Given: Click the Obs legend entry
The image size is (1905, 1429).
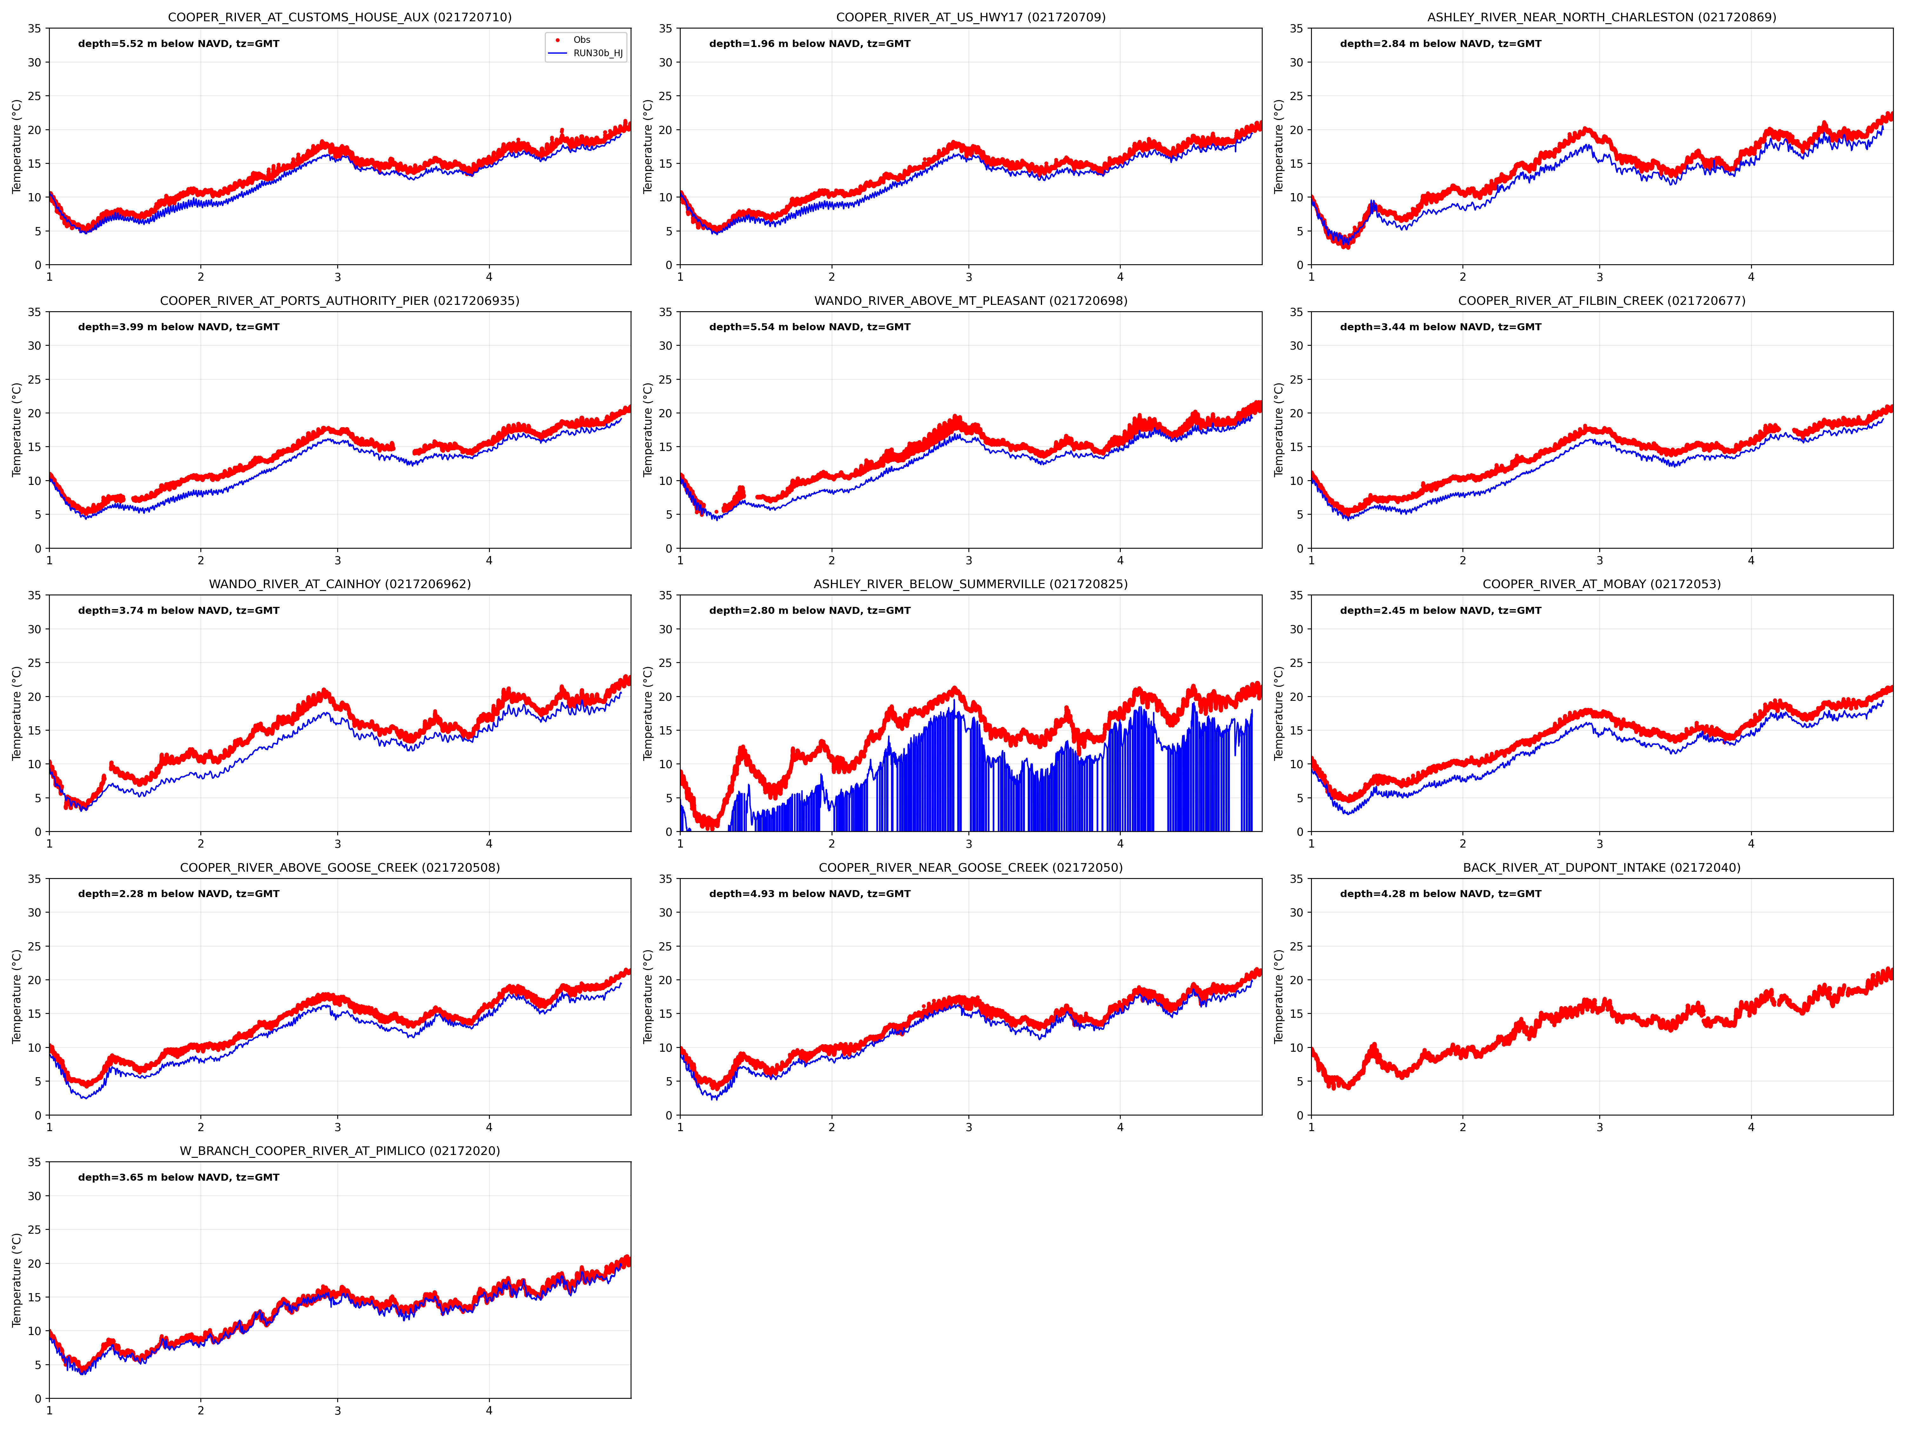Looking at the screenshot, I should pos(581,40).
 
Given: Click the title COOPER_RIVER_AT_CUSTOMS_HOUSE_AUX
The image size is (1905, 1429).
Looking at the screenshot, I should pos(339,17).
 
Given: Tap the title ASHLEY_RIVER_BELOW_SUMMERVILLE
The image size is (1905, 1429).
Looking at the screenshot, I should pos(971,584).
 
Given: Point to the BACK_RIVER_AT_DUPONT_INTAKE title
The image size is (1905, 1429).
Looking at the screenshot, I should pos(1601,867).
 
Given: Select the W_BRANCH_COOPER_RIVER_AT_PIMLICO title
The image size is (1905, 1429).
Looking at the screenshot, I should pos(339,1151).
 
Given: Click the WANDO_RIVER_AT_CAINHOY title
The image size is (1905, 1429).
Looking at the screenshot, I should pos(339,584).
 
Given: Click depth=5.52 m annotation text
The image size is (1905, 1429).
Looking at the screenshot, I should pos(178,44).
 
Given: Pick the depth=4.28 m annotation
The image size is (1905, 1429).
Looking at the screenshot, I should pos(1440,894).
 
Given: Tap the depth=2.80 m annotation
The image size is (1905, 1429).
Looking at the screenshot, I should pos(810,611).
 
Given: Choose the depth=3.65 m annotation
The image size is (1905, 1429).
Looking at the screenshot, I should pos(178,1177).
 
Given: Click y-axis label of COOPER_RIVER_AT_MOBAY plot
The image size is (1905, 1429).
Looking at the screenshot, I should pos(1279,713).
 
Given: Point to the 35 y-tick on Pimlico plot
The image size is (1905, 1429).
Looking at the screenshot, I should pos(34,1162).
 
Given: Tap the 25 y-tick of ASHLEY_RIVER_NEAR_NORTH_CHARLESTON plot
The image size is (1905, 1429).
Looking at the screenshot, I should pos(1296,96).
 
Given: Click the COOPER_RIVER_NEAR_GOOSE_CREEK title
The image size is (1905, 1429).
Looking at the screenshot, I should pos(971,867).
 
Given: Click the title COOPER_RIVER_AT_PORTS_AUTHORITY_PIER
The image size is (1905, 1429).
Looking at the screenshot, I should pos(339,301).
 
